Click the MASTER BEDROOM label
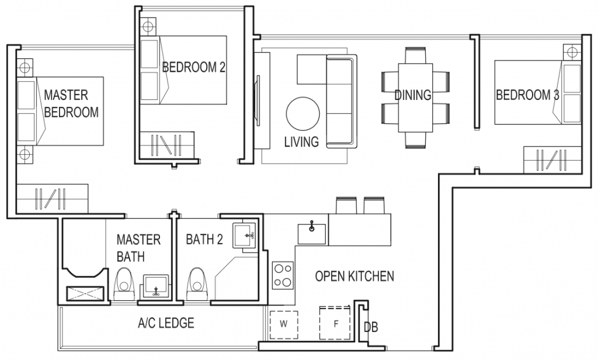click(x=71, y=103)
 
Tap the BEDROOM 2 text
click(x=193, y=67)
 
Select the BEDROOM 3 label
click(x=527, y=95)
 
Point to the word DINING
click(x=412, y=95)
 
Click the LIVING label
click(x=301, y=141)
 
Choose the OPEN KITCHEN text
click(x=354, y=276)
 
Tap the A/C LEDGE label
click(x=166, y=323)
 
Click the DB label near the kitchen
click(x=370, y=327)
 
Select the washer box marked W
click(x=284, y=323)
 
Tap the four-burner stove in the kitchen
click(x=284, y=275)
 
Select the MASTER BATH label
click(x=138, y=248)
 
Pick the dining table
click(x=416, y=96)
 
